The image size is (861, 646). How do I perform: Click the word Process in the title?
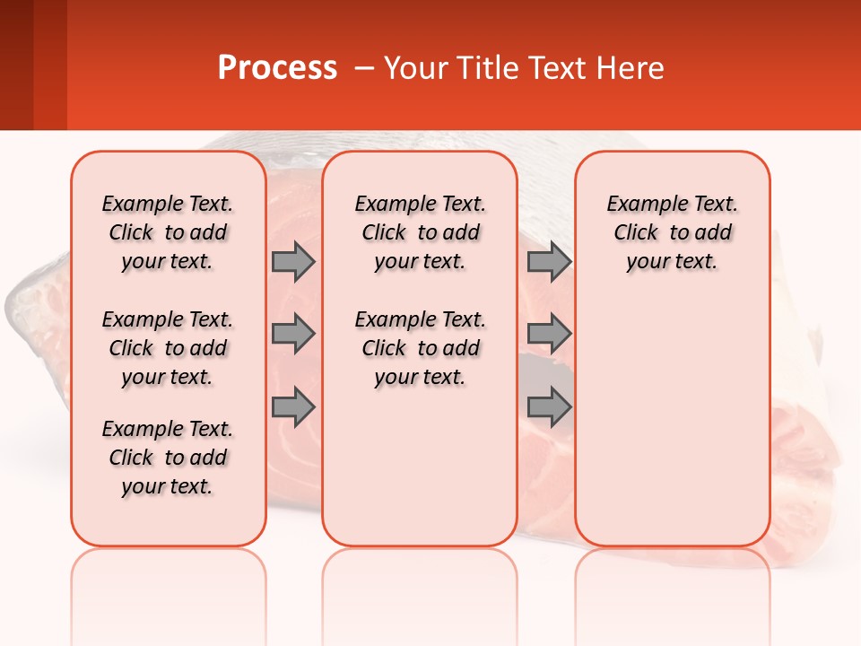point(277,68)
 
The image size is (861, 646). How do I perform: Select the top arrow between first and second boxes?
point(293,261)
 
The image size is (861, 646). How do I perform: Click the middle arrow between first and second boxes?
point(293,334)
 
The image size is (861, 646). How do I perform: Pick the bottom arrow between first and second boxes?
point(293,408)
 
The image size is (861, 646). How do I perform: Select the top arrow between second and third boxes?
point(549,261)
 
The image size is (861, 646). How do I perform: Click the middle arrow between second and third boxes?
point(549,334)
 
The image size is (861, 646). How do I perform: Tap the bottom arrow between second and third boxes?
point(549,408)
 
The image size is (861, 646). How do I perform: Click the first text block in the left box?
point(168,232)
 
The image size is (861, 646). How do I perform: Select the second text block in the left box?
point(168,348)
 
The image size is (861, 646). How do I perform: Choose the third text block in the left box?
point(168,458)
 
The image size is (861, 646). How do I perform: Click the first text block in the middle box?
point(420,232)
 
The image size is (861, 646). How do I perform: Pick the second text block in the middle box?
point(420,348)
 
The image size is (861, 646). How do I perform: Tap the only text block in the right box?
point(673,232)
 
